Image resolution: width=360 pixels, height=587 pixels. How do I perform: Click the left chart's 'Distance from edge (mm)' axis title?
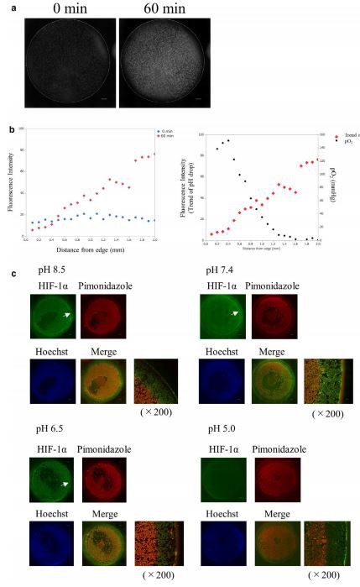91,249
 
